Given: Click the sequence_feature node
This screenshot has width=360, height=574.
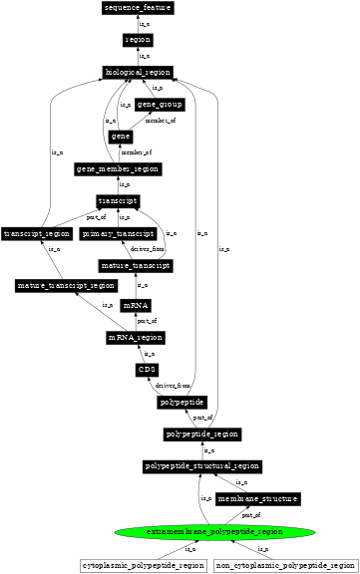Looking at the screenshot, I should click(x=138, y=8).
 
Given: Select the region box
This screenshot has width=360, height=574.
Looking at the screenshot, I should click(x=138, y=40).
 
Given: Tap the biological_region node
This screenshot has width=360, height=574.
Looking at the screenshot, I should click(x=138, y=73).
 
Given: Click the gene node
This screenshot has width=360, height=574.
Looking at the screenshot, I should click(x=121, y=136).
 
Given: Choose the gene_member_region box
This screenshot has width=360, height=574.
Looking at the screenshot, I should click(x=119, y=168).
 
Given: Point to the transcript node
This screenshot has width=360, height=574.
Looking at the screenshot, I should click(x=118, y=200).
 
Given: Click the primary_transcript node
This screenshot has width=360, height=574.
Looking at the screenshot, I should click(x=119, y=233).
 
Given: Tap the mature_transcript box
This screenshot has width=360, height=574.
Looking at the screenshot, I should click(x=137, y=266).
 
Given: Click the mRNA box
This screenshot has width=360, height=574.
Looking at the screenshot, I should click(x=136, y=305).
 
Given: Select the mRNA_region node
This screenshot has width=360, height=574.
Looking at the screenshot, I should click(x=136, y=338).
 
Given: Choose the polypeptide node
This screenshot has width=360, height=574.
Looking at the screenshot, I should click(x=181, y=403).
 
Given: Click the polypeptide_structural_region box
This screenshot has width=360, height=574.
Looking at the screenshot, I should click(x=202, y=465).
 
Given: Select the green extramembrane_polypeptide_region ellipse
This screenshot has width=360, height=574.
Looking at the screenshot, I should click(x=200, y=531).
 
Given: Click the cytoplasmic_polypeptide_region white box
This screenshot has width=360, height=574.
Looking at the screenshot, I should click(x=143, y=565).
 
